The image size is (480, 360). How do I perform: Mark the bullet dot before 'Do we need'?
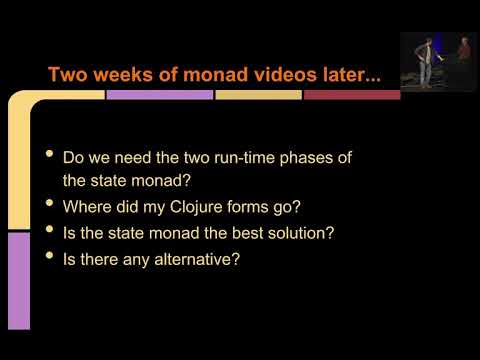(50, 156)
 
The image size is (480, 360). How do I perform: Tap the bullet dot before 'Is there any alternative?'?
(50, 257)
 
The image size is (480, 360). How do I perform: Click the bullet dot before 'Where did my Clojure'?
(50, 205)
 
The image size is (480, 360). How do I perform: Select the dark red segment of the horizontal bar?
(351, 95)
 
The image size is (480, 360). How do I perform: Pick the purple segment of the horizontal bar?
(159, 95)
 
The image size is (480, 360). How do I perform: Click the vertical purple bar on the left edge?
(19, 280)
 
